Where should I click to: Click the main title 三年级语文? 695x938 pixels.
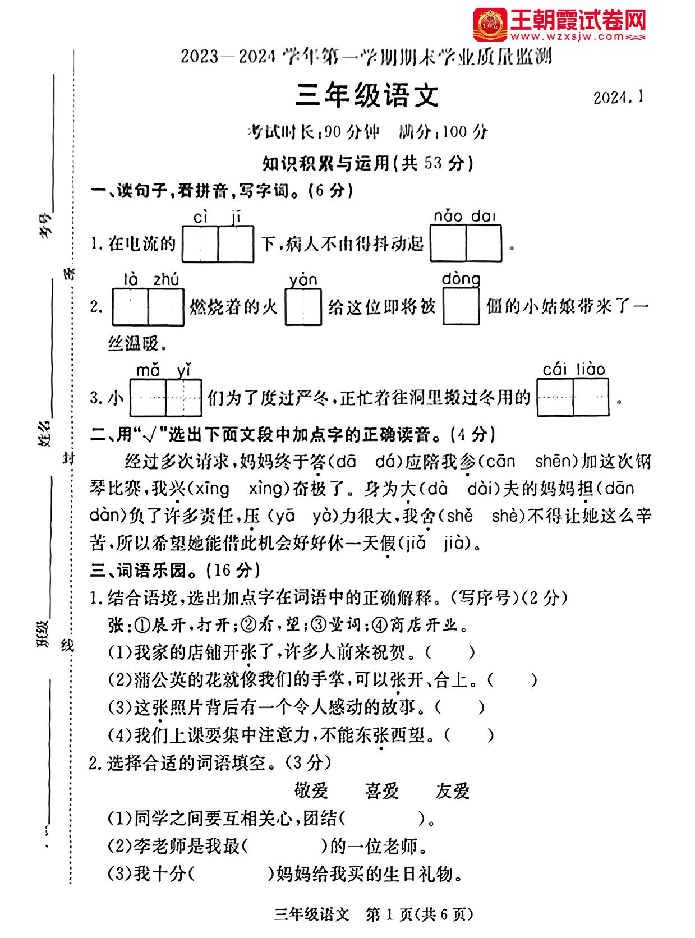point(367,96)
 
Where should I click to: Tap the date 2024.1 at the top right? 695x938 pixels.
point(618,98)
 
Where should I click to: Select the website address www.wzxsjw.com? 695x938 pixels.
point(567,37)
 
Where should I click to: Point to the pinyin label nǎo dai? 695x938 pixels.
point(464,216)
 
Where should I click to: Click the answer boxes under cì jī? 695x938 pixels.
point(218,244)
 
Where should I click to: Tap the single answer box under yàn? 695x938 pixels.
point(303,307)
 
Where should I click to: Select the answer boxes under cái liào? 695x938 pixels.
point(573,398)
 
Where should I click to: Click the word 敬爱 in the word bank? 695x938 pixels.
point(311,791)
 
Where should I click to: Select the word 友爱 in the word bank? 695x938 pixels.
point(452,791)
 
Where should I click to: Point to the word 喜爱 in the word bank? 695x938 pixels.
point(381,791)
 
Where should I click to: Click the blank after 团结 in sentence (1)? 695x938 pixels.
point(382,819)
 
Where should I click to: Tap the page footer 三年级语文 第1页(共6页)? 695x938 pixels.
point(373,915)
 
